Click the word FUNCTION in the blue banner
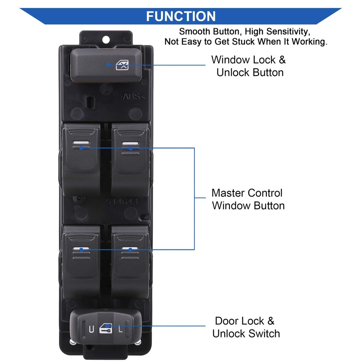(x=181, y=16)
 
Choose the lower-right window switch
(x=130, y=261)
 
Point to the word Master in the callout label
(x=228, y=193)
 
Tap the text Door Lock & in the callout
(x=245, y=321)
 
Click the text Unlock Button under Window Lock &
(x=250, y=72)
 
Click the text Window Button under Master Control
(x=248, y=206)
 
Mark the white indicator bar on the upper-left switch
(x=81, y=143)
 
